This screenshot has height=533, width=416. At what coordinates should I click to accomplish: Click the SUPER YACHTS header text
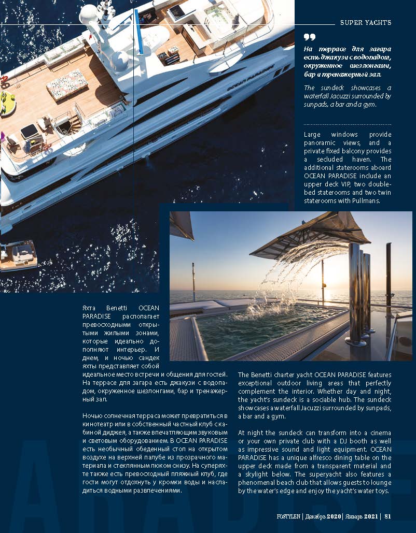[x=365, y=23]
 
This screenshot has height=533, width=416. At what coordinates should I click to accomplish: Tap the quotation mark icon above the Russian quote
[x=310, y=37]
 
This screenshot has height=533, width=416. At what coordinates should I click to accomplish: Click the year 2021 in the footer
[x=370, y=515]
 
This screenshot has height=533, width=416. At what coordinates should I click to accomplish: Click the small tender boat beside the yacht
[x=19, y=255]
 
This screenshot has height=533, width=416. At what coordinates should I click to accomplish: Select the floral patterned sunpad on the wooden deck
[x=67, y=84]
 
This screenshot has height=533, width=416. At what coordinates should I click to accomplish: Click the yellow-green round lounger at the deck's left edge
[x=7, y=103]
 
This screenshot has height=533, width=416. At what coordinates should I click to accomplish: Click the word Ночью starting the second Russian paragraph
[x=93, y=416]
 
